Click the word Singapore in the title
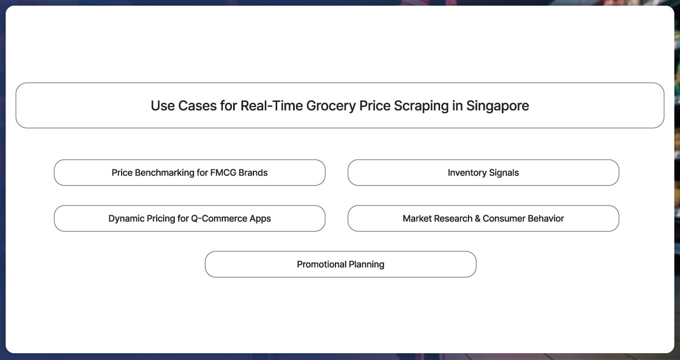[497, 106]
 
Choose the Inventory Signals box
[483, 173]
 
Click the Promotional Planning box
[341, 264]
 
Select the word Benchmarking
[165, 173]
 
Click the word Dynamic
[127, 218]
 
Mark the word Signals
[502, 173]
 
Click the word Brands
[253, 173]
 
